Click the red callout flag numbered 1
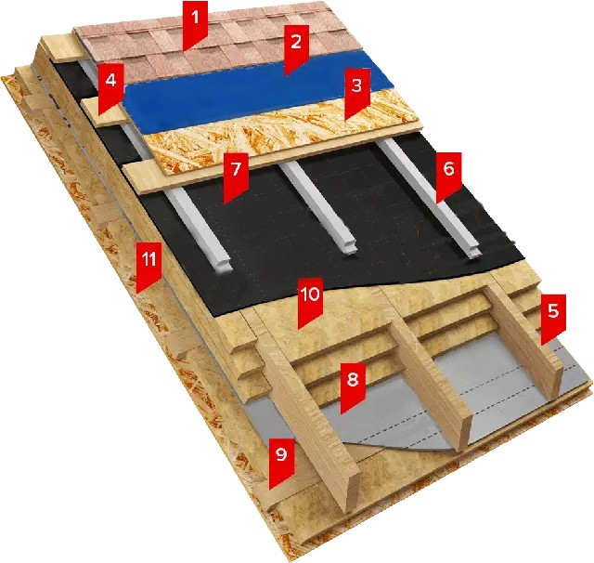point(195,22)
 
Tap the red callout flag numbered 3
point(357,91)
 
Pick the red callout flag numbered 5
point(553,317)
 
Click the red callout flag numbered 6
point(448,175)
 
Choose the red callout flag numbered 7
point(236,176)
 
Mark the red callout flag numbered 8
point(353,385)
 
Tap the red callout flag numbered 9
point(281,461)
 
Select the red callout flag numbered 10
point(310,300)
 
